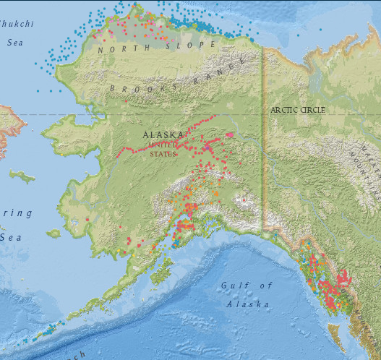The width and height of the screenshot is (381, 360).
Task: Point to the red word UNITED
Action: click(163, 145)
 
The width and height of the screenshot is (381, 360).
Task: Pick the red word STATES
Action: click(163, 153)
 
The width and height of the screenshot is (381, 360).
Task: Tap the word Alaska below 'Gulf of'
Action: click(247, 304)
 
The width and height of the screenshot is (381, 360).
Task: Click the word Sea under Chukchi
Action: click(15, 42)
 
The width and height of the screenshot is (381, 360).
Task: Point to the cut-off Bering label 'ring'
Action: click(16, 213)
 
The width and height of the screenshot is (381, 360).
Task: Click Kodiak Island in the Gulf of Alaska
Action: click(160, 274)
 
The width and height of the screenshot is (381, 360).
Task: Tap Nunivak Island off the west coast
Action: click(53, 233)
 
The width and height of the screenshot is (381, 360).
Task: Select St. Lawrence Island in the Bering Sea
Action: click(22, 176)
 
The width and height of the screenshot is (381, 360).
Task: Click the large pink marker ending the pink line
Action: click(230, 134)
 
